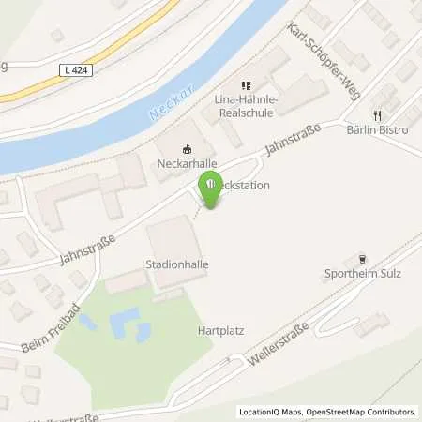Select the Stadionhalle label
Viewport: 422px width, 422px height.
point(177,265)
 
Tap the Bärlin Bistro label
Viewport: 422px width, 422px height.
point(376,130)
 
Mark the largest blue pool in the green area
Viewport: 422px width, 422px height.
point(123,326)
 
